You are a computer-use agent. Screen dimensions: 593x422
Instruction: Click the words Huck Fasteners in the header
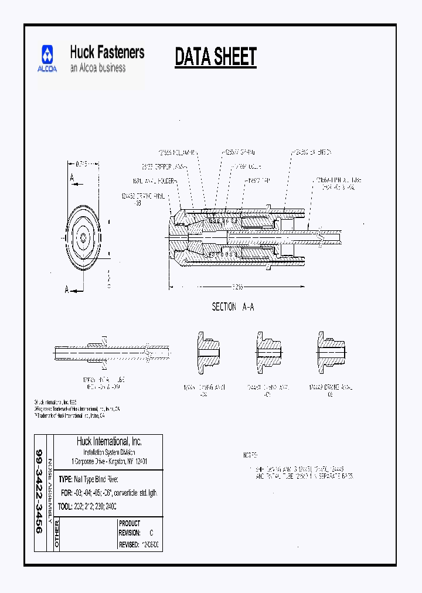pyautogui.click(x=107, y=52)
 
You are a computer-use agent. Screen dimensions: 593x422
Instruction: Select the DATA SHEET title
pyautogui.click(x=216, y=57)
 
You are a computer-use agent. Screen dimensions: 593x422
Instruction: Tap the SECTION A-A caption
pyautogui.click(x=233, y=307)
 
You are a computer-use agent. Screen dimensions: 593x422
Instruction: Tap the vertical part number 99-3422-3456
pyautogui.click(x=39, y=492)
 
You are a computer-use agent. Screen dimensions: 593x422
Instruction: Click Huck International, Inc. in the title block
pyautogui.click(x=109, y=441)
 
